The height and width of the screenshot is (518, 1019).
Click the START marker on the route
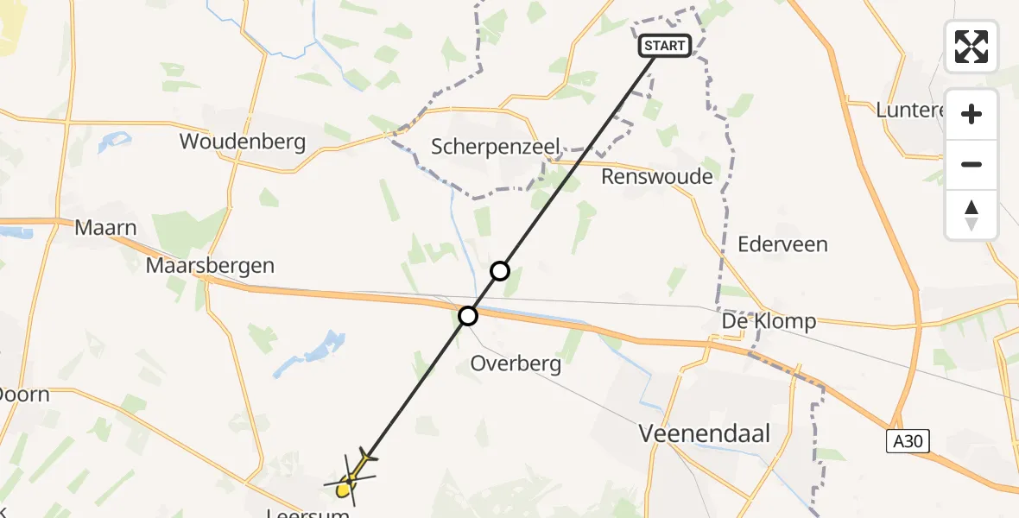(664, 46)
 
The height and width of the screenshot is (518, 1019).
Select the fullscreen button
(972, 47)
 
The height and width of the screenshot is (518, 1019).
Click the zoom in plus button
(972, 114)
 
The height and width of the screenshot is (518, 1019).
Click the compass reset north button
(972, 215)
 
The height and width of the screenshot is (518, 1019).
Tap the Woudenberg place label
(243, 142)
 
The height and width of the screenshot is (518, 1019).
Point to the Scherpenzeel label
(497, 147)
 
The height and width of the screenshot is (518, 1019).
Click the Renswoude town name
(658, 177)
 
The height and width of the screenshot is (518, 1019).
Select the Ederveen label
(782, 244)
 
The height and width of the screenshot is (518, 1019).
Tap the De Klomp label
(769, 322)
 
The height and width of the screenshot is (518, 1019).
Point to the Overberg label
(516, 363)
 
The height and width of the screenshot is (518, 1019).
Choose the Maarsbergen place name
(210, 265)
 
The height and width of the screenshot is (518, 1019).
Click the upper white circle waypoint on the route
(500, 272)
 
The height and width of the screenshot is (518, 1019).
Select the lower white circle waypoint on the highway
(468, 316)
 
